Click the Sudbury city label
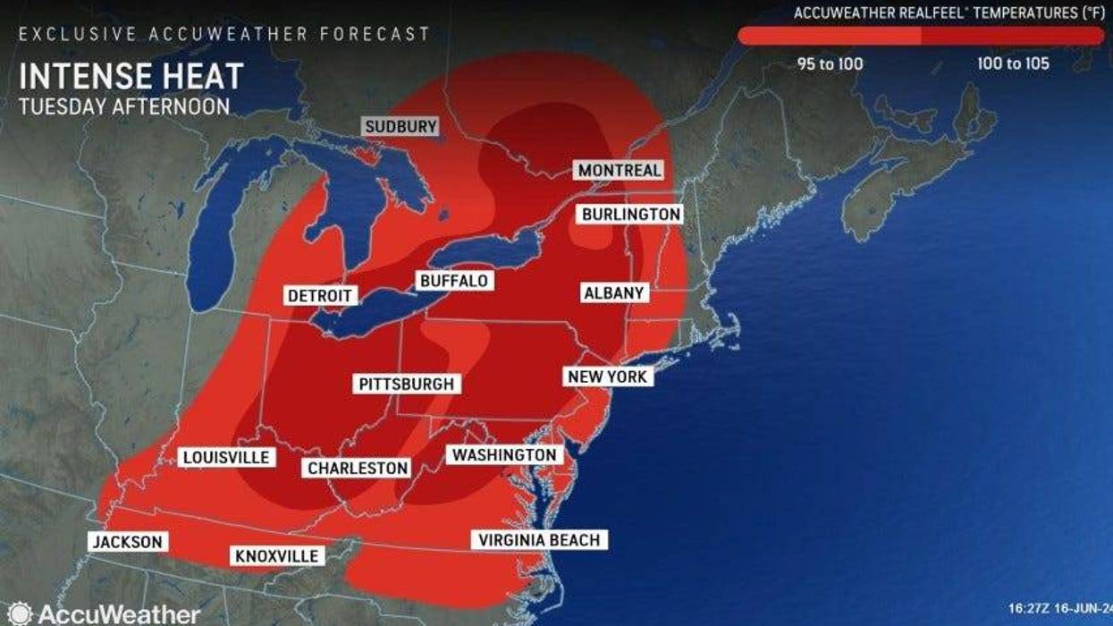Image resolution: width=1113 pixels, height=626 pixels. pos(401,127)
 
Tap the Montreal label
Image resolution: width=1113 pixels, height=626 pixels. pos(620,170)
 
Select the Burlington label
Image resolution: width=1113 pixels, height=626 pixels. pos(630,215)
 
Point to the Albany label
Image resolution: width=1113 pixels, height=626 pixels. pos(613,292)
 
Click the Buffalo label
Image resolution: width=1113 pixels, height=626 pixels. pos(453,281)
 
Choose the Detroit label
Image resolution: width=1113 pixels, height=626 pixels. pos(321,295)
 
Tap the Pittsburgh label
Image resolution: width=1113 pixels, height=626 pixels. pos(407,385)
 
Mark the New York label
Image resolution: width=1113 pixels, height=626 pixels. pos(607,377)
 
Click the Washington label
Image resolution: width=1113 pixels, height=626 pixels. pos(504,455)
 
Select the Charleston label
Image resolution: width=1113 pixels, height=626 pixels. pos(358,468)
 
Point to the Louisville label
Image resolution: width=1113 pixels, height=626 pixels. pos(225,457)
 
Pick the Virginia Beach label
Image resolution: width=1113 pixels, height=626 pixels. pos(539,539)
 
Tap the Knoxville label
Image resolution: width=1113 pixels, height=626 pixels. pos(276,556)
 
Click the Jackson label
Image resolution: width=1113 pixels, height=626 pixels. pos(126,542)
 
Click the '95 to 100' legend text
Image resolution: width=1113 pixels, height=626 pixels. pos(830,64)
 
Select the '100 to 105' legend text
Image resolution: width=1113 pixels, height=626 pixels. pos(1013,64)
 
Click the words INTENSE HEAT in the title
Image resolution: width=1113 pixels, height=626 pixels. pos(131,76)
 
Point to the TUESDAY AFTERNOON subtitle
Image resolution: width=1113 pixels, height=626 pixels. pos(124,106)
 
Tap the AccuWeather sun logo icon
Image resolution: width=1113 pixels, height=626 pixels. pos(20,613)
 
